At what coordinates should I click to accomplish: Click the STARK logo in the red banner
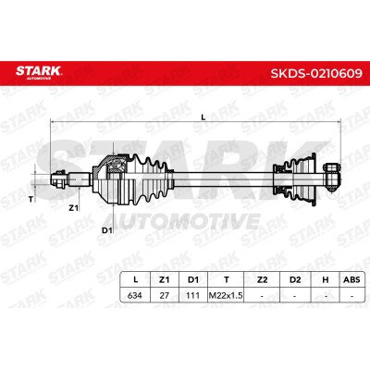(x=39, y=72)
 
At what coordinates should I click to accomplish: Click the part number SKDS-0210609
(x=316, y=74)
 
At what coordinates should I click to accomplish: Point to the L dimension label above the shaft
(x=203, y=117)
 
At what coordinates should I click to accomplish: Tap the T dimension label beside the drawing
(x=31, y=200)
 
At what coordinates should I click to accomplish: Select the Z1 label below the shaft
(x=73, y=209)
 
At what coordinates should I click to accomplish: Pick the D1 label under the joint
(x=106, y=230)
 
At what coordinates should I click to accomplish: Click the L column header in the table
(x=135, y=279)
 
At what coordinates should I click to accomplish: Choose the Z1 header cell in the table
(x=164, y=279)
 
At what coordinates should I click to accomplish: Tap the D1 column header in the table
(x=193, y=279)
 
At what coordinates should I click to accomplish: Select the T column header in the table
(x=226, y=279)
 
